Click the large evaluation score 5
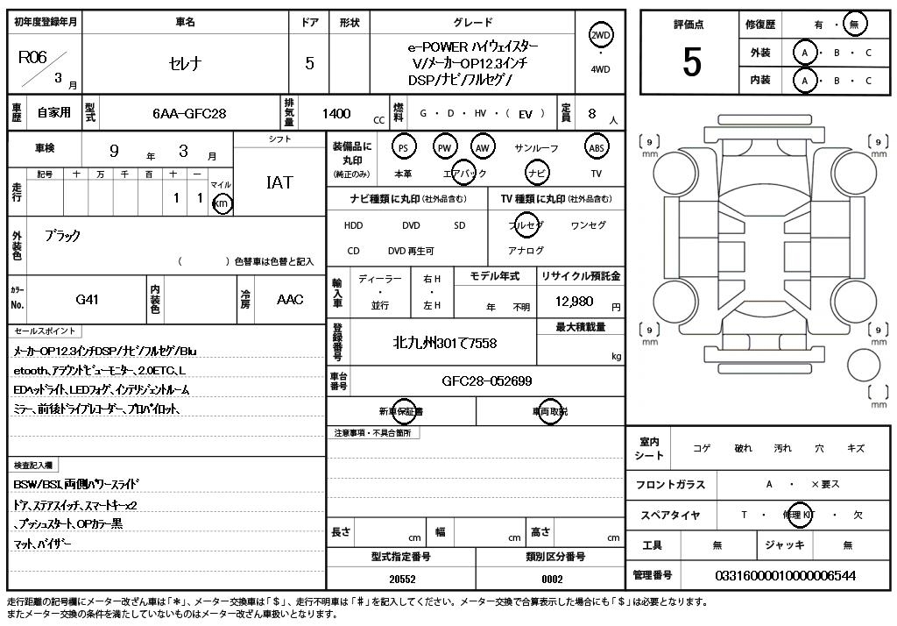pyautogui.click(x=691, y=61)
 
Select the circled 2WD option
pyautogui.click(x=600, y=35)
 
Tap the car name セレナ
pyautogui.click(x=185, y=63)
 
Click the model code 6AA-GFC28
pyautogui.click(x=189, y=113)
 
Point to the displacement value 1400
pyautogui.click(x=336, y=113)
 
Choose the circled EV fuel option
pyautogui.click(x=526, y=113)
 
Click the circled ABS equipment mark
pyautogui.click(x=596, y=147)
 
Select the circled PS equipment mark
pyautogui.click(x=403, y=147)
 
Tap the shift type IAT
pyautogui.click(x=279, y=182)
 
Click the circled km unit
pyautogui.click(x=222, y=203)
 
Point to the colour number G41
pyautogui.click(x=88, y=299)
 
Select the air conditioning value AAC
pyautogui.click(x=290, y=299)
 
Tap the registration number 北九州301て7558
pyautogui.click(x=444, y=342)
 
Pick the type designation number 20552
pyautogui.click(x=403, y=579)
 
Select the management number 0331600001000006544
pyautogui.click(x=785, y=575)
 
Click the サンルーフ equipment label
pyautogui.click(x=536, y=148)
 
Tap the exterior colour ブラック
pyautogui.click(x=62, y=236)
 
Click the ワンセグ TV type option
pyautogui.click(x=588, y=225)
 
